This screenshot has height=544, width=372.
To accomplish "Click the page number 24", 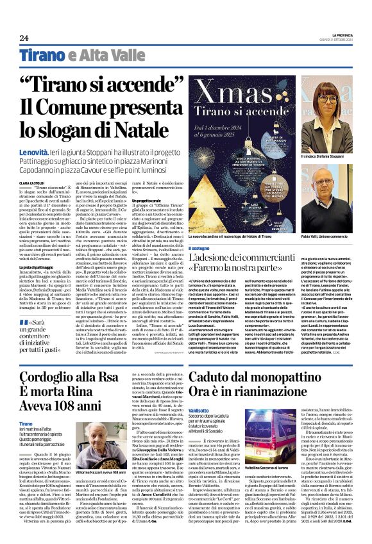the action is coord(24,38).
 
